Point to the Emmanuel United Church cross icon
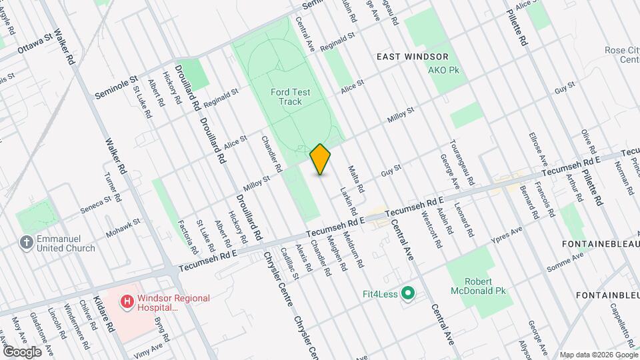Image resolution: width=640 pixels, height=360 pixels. coord(26,243)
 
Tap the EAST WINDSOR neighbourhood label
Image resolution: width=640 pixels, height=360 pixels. coord(412,57)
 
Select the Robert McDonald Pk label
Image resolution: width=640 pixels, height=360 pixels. coord(478,286)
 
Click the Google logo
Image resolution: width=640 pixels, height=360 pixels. coord(21,351)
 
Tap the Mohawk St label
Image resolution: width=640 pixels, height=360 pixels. coord(123,227)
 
